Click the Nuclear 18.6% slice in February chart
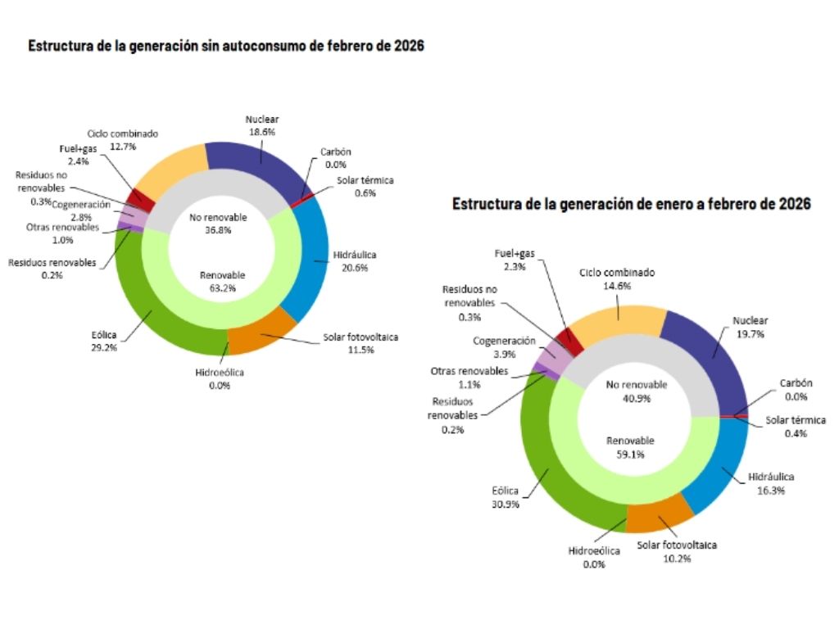(x=250, y=164)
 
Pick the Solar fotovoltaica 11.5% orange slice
(x=261, y=336)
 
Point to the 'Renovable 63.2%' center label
(x=222, y=281)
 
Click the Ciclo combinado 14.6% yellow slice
(x=615, y=324)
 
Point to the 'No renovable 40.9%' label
(x=637, y=390)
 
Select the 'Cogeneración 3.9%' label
(x=504, y=346)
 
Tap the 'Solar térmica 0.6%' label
(x=365, y=187)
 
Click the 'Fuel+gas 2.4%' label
(x=79, y=156)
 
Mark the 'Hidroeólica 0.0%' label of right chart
(x=594, y=557)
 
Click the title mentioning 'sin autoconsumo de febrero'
(x=226, y=46)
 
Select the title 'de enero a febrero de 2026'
(x=632, y=204)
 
